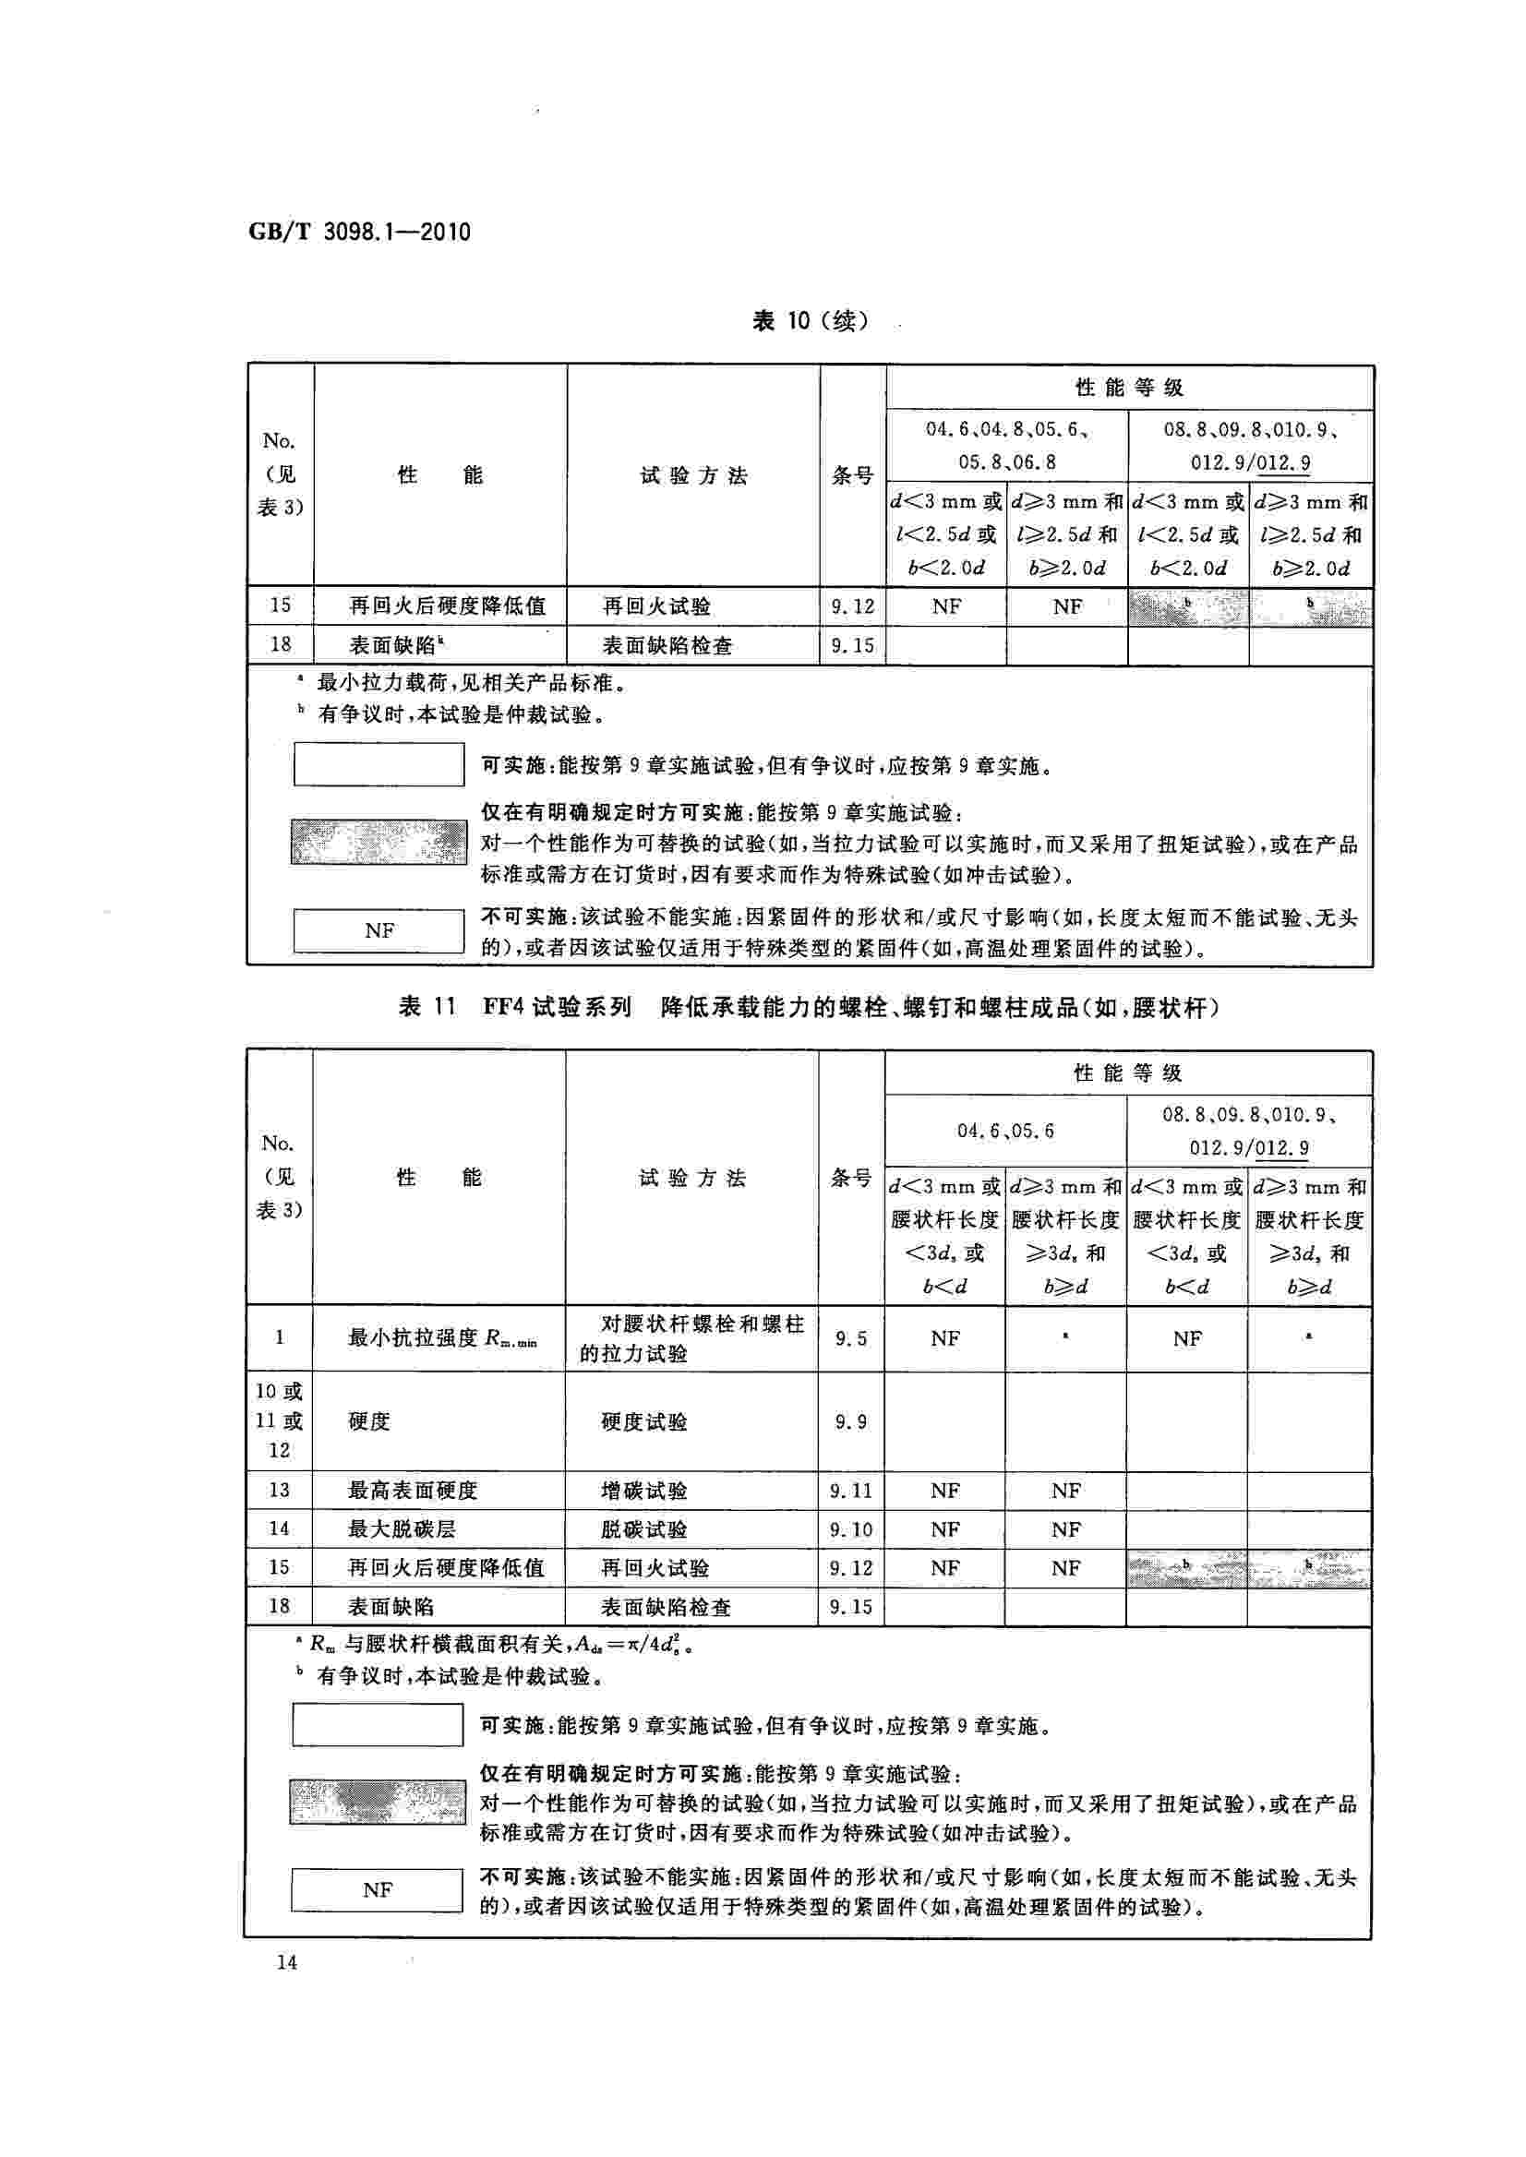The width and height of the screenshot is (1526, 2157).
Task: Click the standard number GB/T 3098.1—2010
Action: pyautogui.click(x=359, y=232)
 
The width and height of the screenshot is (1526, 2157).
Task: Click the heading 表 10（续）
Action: pyautogui.click(x=810, y=321)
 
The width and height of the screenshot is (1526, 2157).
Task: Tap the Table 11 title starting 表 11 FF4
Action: pyautogui.click(x=809, y=1008)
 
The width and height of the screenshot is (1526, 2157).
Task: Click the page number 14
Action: pyautogui.click(x=286, y=1962)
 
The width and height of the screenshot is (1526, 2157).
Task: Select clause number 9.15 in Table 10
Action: pyautogui.click(x=852, y=645)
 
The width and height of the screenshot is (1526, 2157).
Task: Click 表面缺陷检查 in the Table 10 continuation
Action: pyautogui.click(x=667, y=645)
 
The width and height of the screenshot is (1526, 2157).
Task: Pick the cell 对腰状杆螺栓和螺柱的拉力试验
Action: pyautogui.click(x=691, y=1337)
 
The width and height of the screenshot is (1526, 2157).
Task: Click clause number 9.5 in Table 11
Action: pyautogui.click(x=850, y=1337)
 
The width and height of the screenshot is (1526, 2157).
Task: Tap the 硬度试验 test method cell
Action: pyautogui.click(x=643, y=1421)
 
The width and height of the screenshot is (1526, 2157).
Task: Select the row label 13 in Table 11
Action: pyautogui.click(x=279, y=1490)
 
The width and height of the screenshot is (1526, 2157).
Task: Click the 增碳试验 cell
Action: pyautogui.click(x=643, y=1490)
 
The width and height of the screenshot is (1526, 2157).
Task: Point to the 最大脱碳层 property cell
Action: pyautogui.click(x=402, y=1528)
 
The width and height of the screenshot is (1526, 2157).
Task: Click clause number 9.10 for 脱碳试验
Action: pyautogui.click(x=850, y=1529)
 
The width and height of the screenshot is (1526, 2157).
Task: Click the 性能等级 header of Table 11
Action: pyautogui.click(x=1127, y=1073)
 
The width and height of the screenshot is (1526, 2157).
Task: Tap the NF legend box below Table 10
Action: pyautogui.click(x=378, y=930)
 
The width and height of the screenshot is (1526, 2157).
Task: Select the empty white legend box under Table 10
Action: pyautogui.click(x=378, y=764)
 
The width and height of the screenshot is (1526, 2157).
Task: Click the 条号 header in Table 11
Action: pyautogui.click(x=850, y=1178)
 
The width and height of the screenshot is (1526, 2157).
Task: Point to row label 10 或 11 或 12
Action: pyautogui.click(x=279, y=1420)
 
